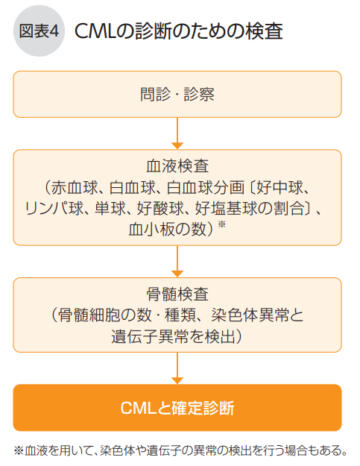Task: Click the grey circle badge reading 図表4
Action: (40, 31)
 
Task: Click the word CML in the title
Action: (95, 31)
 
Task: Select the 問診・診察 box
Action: (177, 94)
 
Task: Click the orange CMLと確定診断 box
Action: (177, 408)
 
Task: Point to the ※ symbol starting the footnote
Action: (19, 450)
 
